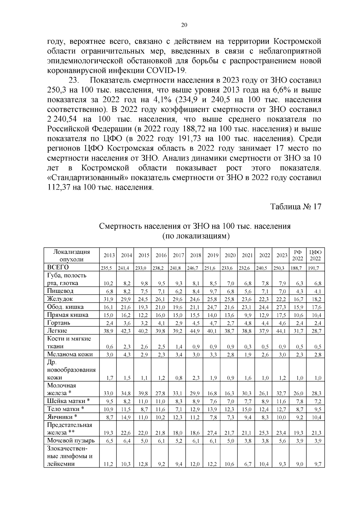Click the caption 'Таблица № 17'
tap(296, 207)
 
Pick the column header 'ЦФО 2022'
tap(315, 256)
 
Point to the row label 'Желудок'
tap(60, 299)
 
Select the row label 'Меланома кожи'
tap(70, 354)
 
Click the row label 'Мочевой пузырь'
tap(71, 441)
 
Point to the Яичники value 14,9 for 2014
tap(126, 417)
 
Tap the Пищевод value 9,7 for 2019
tap(213, 291)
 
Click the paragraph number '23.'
tap(74, 81)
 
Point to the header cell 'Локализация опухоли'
tap(71, 256)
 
